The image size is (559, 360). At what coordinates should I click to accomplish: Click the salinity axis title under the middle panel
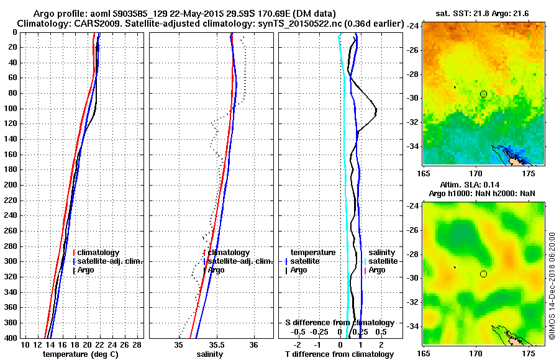click(x=210, y=354)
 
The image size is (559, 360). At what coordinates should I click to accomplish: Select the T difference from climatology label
click(x=339, y=354)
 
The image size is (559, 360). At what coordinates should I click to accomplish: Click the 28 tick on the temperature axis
click(x=137, y=344)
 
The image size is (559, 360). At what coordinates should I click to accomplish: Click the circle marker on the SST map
click(x=483, y=94)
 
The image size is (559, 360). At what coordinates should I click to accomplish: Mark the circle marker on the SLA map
click(x=483, y=274)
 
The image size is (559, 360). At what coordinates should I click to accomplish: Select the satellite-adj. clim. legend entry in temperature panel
click(x=110, y=261)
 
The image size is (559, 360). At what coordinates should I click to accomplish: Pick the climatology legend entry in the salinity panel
click(x=229, y=253)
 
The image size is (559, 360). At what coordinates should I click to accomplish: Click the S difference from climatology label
click(x=339, y=323)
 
